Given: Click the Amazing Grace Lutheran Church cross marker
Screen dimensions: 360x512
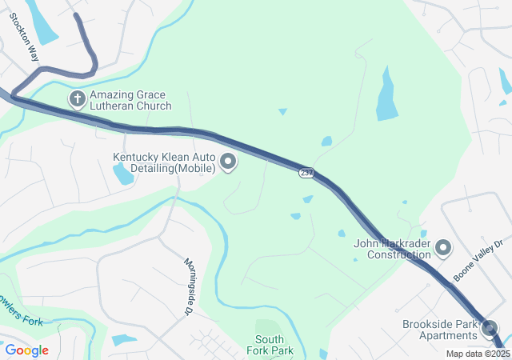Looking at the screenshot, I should click(x=77, y=99).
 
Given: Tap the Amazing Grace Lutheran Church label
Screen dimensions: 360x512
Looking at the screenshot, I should click(x=130, y=100).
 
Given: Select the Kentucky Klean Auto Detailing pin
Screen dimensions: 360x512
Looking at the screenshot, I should click(x=228, y=162).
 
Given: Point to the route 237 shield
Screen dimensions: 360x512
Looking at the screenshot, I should click(x=307, y=173).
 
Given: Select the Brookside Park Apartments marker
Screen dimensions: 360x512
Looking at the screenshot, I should click(x=490, y=327).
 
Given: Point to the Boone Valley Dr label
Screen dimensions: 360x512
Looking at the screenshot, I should click(x=478, y=261).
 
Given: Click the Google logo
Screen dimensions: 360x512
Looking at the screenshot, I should click(x=26, y=350).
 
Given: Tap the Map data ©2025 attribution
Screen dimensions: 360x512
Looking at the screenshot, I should click(x=478, y=354).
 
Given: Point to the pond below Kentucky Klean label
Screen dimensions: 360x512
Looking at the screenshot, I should click(x=123, y=174).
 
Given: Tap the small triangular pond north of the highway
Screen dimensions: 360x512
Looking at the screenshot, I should click(x=282, y=111).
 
